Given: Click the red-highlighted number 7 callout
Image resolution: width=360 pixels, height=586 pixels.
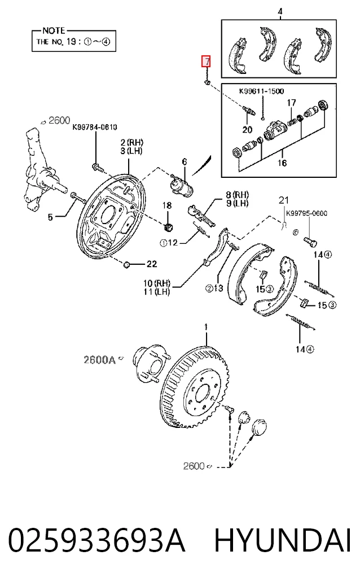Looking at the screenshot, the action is click(x=206, y=62).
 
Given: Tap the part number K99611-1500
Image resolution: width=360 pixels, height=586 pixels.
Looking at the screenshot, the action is click(x=261, y=91).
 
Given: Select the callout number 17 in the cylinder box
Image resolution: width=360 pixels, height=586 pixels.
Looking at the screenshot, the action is click(x=292, y=102).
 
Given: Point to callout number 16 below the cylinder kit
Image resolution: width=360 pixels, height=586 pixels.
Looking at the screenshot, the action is click(x=282, y=163).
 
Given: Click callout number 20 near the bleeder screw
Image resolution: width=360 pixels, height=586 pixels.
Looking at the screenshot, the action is click(x=247, y=130).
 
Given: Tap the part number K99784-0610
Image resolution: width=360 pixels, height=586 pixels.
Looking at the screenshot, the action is click(x=94, y=128).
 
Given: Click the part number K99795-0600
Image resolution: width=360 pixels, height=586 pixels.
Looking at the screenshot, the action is click(x=306, y=213).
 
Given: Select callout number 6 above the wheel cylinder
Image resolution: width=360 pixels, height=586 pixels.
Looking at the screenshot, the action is click(x=184, y=162).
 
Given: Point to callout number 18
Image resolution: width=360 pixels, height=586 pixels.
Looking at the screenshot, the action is click(x=167, y=205).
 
